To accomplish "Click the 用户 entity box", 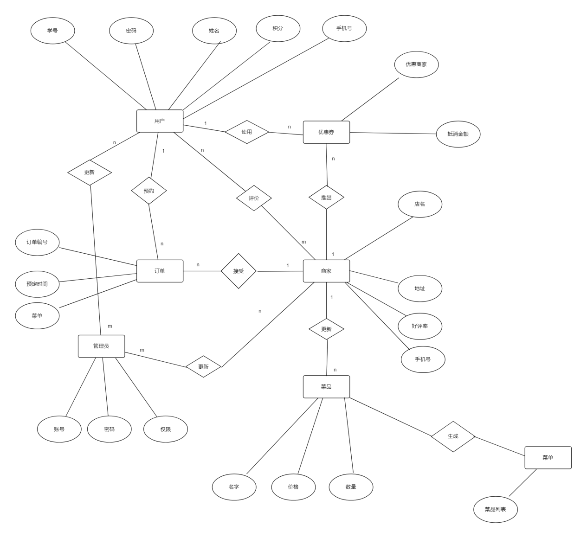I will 160,121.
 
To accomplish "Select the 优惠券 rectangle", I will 326,132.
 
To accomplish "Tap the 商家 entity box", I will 326,271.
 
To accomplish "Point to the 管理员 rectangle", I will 101,346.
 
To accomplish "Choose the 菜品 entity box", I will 326,387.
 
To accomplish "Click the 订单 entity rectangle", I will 160,271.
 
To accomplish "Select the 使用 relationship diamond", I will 247,132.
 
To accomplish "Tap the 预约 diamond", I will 149,191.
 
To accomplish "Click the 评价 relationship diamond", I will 254,198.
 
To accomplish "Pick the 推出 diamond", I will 326,198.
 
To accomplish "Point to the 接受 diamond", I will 239,271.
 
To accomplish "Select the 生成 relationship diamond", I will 453,436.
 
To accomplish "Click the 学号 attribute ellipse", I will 52,31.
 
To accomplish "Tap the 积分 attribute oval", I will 278,28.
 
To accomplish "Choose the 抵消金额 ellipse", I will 458,134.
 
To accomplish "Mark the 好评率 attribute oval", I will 420,326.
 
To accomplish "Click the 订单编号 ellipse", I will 37,242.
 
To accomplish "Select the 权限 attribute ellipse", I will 166,429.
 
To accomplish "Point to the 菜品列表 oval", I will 496,509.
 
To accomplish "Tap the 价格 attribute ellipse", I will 293,487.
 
